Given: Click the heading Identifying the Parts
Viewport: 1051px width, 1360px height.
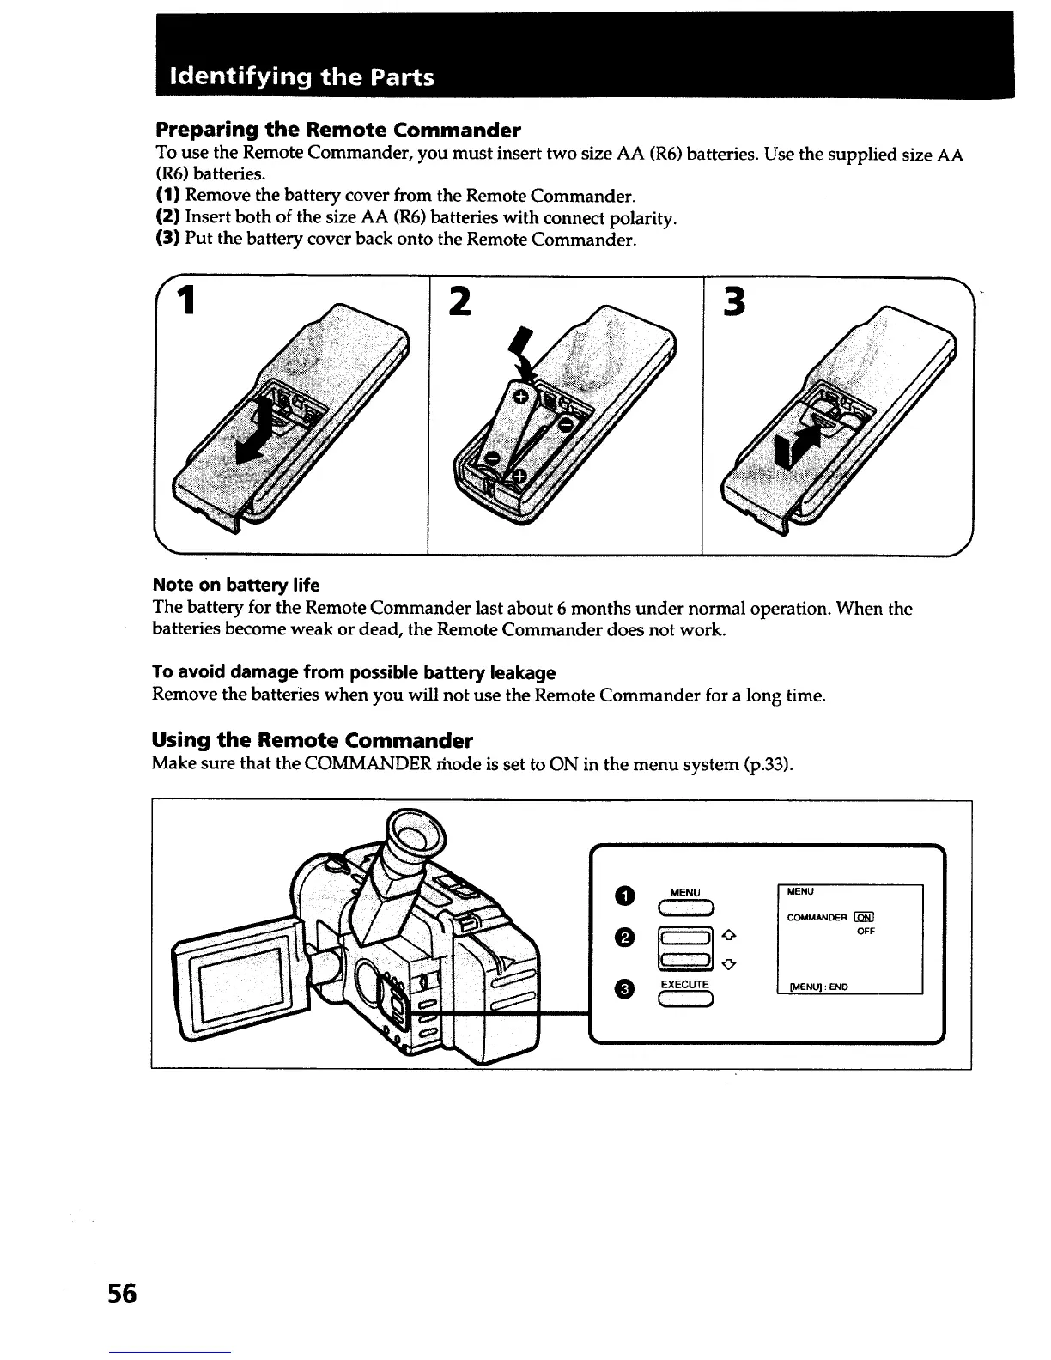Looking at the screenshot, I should [303, 77].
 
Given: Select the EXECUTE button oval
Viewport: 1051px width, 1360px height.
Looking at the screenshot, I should [685, 1000].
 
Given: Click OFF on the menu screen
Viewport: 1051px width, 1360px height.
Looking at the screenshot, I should [866, 931].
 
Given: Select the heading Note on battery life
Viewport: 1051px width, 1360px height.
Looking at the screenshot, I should [235, 585].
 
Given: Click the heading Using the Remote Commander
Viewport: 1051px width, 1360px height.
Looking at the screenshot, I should [312, 739].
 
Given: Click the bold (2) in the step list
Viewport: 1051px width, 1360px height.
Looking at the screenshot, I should [167, 217].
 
